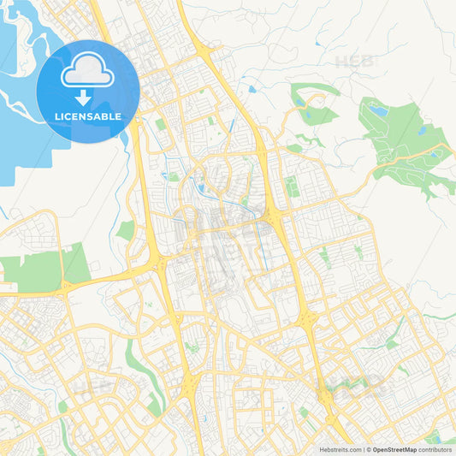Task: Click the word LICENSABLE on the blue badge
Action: pos(88,115)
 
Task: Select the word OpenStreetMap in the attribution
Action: pos(394,449)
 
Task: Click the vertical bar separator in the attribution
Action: pos(365,449)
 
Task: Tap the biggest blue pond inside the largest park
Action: pos(377,110)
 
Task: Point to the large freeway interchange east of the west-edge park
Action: pos(159,266)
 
